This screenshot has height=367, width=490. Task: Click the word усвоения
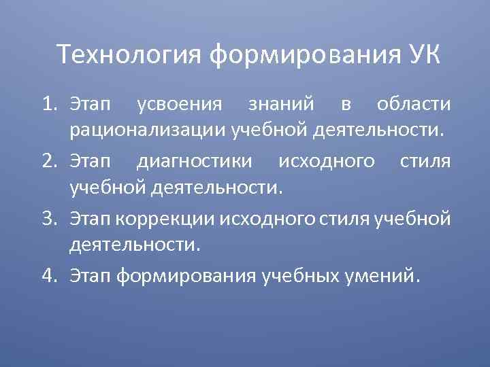[x=180, y=105]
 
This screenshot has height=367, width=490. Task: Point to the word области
[x=412, y=105]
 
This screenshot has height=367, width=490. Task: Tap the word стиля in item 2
[x=426, y=162]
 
